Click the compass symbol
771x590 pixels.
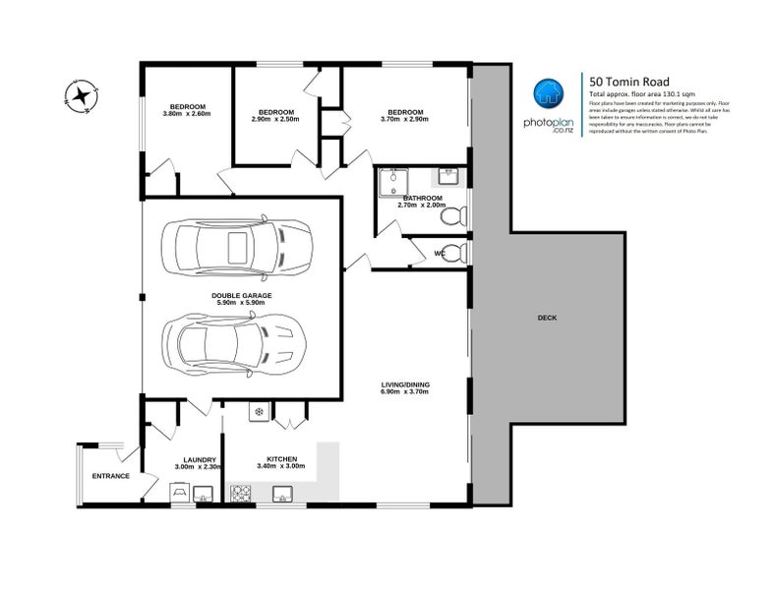[78, 96]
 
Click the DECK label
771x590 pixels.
[548, 318]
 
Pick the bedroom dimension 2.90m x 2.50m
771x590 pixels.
[275, 119]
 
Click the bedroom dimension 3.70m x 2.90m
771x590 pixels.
[404, 119]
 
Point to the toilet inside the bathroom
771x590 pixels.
[455, 215]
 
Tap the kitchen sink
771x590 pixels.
[284, 493]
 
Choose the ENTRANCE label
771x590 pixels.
[111, 476]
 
